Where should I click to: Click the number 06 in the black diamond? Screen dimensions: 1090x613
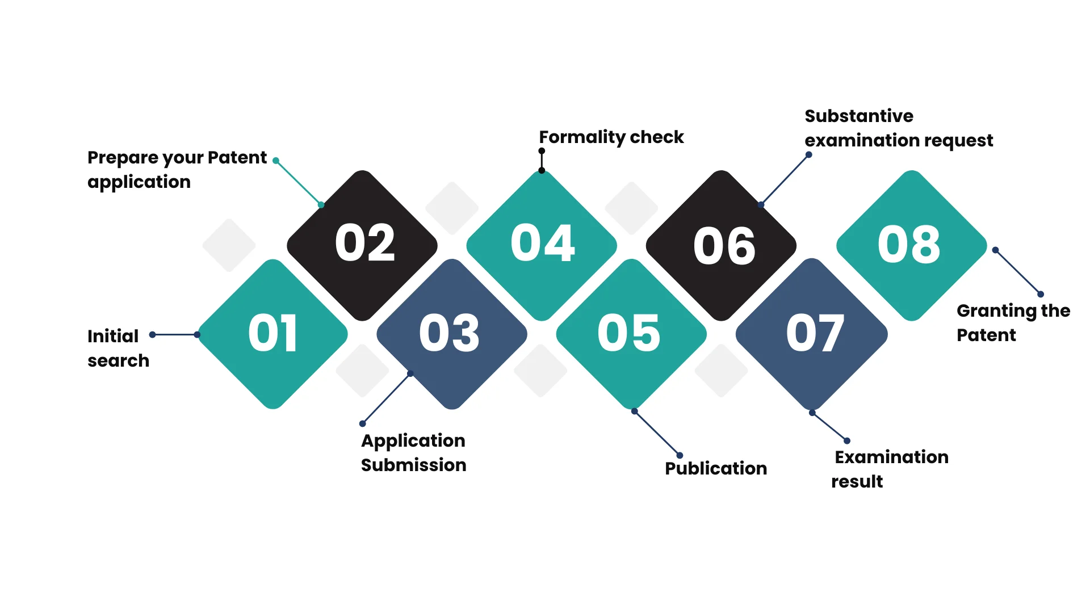[x=724, y=246]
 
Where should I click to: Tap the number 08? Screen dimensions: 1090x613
[x=909, y=245]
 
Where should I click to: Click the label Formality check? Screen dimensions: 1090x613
[x=611, y=137]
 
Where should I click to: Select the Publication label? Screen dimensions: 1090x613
[x=716, y=468]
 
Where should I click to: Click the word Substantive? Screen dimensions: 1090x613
[x=859, y=116]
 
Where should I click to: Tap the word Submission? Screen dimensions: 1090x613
[x=414, y=465]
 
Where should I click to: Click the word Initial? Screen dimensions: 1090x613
[x=113, y=336]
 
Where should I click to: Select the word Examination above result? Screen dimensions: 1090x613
[x=891, y=457]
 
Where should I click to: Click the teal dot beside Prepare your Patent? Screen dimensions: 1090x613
[x=276, y=161]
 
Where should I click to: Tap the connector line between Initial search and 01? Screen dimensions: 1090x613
[x=175, y=335]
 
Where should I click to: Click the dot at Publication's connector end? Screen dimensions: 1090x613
[x=680, y=455]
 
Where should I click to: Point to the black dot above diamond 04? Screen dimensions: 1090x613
[x=542, y=151]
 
